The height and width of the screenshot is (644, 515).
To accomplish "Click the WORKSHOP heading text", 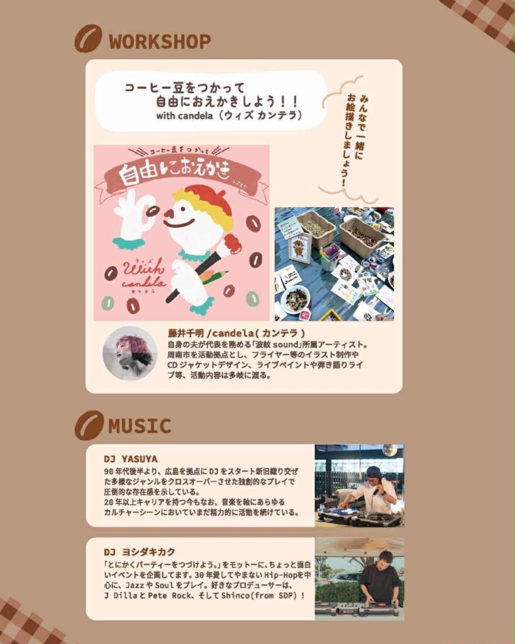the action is point(160,42).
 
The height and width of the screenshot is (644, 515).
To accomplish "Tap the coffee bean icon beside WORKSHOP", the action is point(88,38).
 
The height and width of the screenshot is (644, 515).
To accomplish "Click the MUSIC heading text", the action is point(140,426).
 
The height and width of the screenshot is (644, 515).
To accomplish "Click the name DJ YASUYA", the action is point(131,458).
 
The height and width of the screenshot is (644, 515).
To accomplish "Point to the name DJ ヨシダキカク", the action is point(140,552).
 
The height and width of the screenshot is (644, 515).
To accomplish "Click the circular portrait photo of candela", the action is point(130,353).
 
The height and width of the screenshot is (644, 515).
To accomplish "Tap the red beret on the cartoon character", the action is point(206,194).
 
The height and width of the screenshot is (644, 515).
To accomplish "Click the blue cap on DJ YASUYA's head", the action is point(375,472).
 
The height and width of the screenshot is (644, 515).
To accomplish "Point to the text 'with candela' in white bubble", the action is point(184,116).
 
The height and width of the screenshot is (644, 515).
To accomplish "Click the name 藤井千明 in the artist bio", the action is point(186,333).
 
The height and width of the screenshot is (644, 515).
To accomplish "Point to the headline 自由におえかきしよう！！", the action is point(227,101).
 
